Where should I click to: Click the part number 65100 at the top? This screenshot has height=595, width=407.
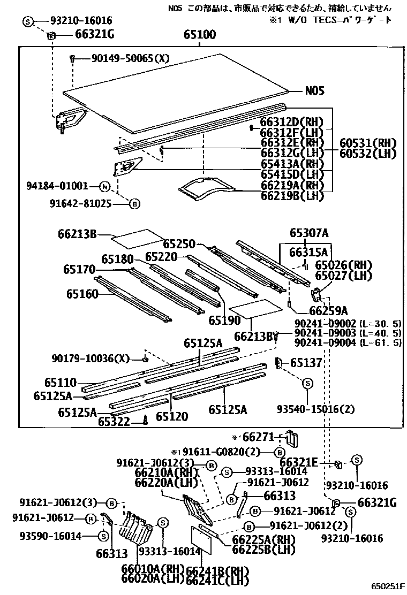tap(199, 35)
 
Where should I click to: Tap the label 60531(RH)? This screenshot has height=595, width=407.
tap(368, 143)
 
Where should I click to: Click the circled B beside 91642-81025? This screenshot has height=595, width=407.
tap(135, 203)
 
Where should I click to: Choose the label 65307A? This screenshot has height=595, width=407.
tap(309, 233)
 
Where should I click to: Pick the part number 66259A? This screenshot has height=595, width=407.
tap(328, 311)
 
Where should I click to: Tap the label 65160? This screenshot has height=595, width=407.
tap(82, 293)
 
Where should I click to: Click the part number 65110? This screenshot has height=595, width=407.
tap(61, 383)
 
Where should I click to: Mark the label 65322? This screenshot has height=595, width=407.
tap(114, 422)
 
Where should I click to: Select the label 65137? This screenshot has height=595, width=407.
tap(306, 363)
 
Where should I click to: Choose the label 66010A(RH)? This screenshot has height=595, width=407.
tap(152, 568)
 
